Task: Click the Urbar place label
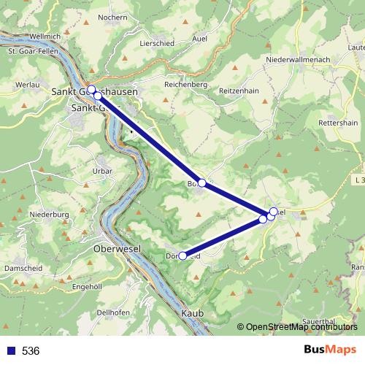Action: (102, 171)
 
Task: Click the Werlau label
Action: (27, 85)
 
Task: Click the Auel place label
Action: (198, 39)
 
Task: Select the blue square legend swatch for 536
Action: (9, 350)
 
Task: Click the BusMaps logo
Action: (330, 350)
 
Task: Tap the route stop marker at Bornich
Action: (202, 183)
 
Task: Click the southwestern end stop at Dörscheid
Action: (182, 255)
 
